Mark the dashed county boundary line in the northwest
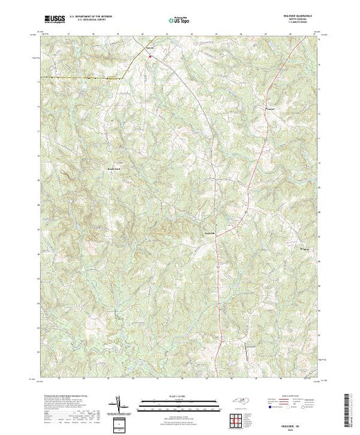(x=83, y=78)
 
